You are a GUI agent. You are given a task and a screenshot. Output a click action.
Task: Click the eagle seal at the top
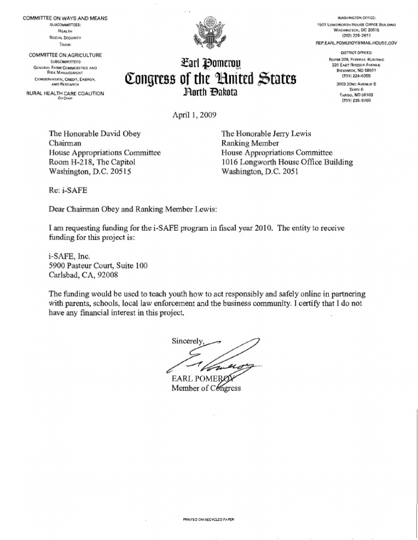pos(208,34)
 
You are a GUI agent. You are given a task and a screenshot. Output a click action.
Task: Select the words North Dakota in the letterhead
pos(209,92)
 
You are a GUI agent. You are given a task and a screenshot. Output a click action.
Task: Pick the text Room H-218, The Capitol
pos(88,162)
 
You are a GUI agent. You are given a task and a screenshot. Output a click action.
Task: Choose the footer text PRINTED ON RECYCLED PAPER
pos(208,519)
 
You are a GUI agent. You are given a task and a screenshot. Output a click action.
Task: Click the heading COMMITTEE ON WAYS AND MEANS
pos(65,19)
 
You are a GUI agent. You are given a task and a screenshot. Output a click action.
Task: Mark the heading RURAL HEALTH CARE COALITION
pos(65,94)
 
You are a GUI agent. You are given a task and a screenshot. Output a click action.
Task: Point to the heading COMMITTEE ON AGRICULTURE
pos(65,55)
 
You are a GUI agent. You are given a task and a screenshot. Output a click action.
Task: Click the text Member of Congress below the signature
pos(206,388)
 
